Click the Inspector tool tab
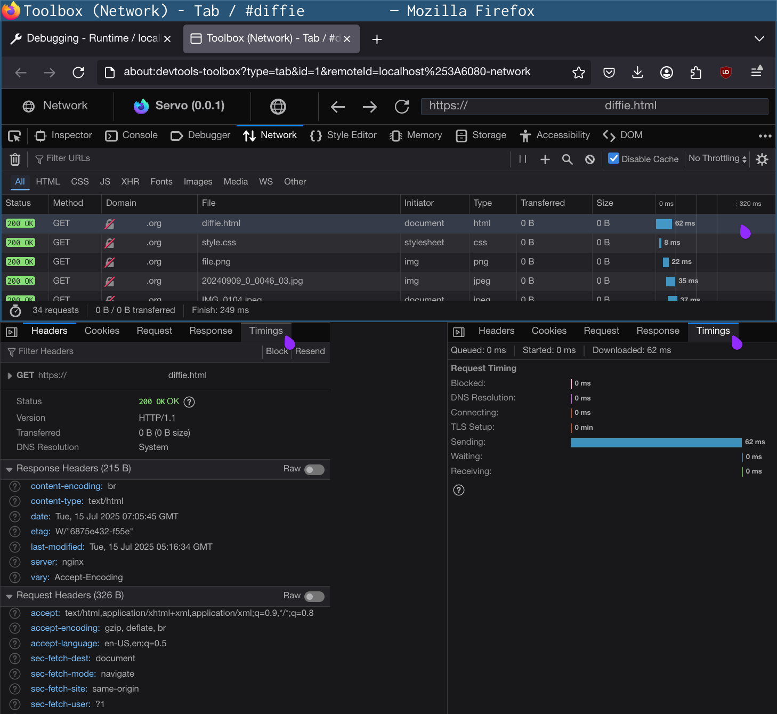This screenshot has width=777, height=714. [63, 135]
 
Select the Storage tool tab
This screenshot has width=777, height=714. [481, 135]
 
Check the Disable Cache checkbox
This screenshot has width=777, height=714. [614, 158]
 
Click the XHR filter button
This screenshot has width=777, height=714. [130, 182]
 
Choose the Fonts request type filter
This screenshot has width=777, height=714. [161, 182]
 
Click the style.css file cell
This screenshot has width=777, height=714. [219, 243]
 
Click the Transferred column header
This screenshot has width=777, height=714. [543, 203]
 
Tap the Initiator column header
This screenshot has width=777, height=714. [419, 203]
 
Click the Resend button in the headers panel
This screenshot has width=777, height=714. [310, 351]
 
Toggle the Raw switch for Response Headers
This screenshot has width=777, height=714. [314, 469]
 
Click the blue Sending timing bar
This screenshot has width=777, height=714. [655, 442]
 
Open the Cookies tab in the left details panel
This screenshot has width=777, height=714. [102, 331]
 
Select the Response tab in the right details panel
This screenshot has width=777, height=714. [658, 331]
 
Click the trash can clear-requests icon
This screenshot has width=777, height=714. [15, 159]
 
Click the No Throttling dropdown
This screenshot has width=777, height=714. [717, 158]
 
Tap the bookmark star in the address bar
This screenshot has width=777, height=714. [579, 73]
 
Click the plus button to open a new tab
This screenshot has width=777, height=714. [377, 39]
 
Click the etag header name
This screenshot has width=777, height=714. [40, 532]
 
